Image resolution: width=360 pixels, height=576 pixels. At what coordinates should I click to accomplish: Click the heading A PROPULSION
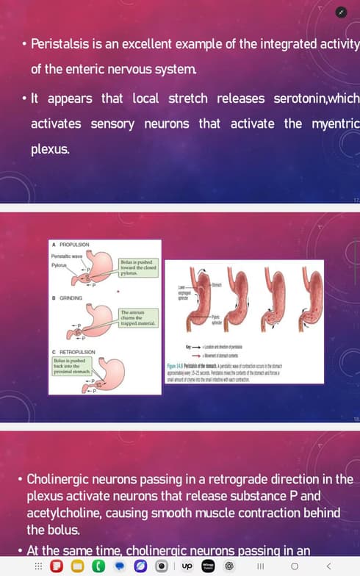71,244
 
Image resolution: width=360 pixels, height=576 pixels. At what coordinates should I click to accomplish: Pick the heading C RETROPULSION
74,353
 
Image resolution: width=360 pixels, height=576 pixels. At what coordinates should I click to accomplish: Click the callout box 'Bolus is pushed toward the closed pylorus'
138,267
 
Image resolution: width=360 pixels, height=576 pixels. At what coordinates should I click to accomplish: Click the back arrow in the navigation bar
328,566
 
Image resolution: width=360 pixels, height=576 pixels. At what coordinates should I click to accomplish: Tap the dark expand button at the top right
339,12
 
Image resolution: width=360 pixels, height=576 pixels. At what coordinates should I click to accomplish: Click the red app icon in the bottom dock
56,566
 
